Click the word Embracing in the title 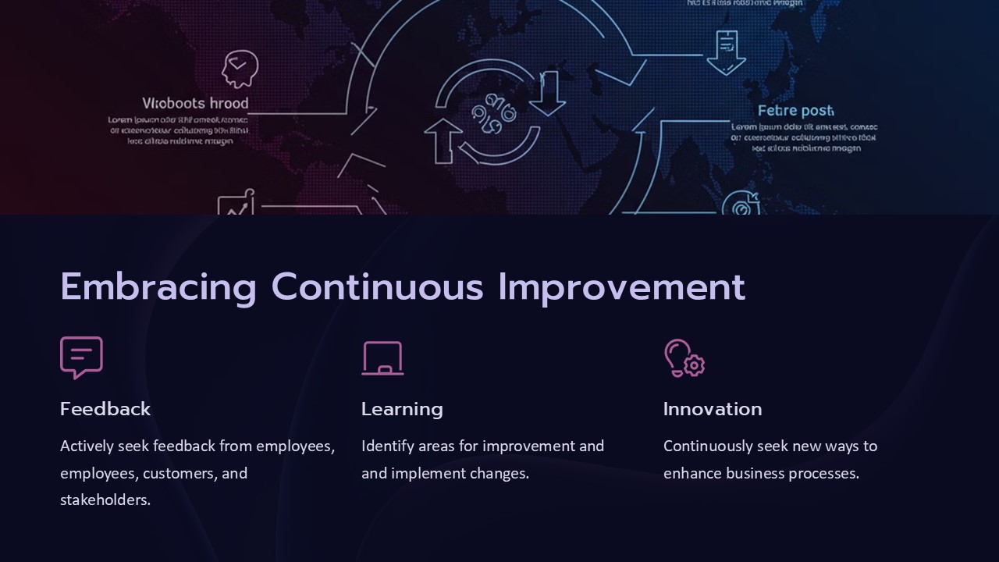tap(158, 286)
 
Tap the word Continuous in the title tap(378, 286)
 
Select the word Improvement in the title tap(621, 286)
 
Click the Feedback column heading tap(105, 409)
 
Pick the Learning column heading tap(402, 409)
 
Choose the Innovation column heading tap(713, 409)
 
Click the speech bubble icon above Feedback tap(81, 357)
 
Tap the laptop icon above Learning tap(382, 358)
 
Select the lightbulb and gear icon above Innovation tap(684, 358)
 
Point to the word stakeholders tap(105, 500)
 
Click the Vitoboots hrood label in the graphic tap(195, 103)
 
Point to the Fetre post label tap(795, 111)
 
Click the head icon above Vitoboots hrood tap(239, 69)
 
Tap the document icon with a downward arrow tap(726, 52)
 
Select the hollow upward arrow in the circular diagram tap(443, 140)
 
